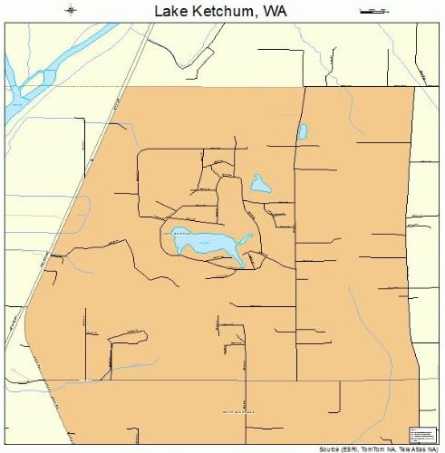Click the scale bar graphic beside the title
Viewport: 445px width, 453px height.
coord(373,10)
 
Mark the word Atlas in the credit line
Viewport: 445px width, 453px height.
coord(418,448)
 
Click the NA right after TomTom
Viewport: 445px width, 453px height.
coord(388,448)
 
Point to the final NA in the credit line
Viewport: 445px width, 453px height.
coord(434,448)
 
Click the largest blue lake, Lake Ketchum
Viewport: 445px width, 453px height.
coord(204,242)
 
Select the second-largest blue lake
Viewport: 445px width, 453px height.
coord(260,185)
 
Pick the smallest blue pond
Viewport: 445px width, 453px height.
coord(302,132)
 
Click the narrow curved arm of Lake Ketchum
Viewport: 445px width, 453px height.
coord(241,255)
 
